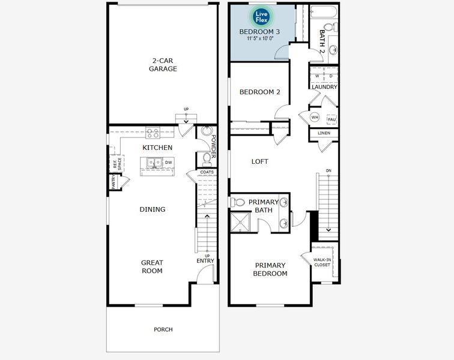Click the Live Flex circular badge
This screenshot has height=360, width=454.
point(261,16)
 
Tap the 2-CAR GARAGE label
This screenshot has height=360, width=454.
point(163,64)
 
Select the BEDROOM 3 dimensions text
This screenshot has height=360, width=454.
point(261,38)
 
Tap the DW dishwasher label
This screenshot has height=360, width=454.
point(169,162)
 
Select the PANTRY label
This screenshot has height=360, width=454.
point(112,182)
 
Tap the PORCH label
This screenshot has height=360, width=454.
point(163,329)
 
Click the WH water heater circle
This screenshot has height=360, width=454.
point(315,118)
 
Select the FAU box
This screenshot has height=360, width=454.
point(331,119)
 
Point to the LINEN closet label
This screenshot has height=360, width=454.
point(324,133)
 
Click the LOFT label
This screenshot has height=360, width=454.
point(259,161)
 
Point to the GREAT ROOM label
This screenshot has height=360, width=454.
point(152,266)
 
